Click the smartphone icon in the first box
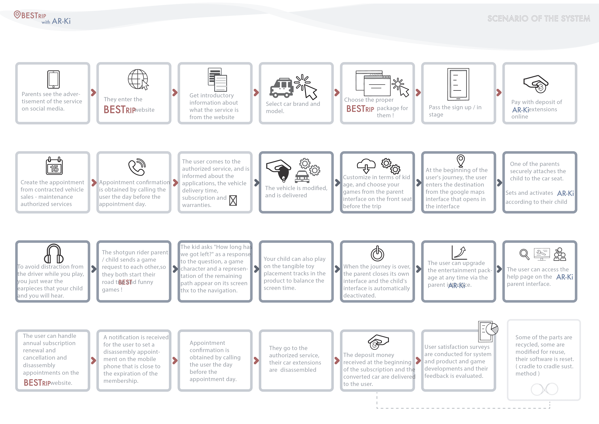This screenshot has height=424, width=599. tap(53, 79)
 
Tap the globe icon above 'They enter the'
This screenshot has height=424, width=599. tap(138, 79)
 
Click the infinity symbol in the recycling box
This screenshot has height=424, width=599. tap(544, 389)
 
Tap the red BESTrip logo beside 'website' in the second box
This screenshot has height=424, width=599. tap(120, 109)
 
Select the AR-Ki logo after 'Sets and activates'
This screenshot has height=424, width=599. tap(565, 193)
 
